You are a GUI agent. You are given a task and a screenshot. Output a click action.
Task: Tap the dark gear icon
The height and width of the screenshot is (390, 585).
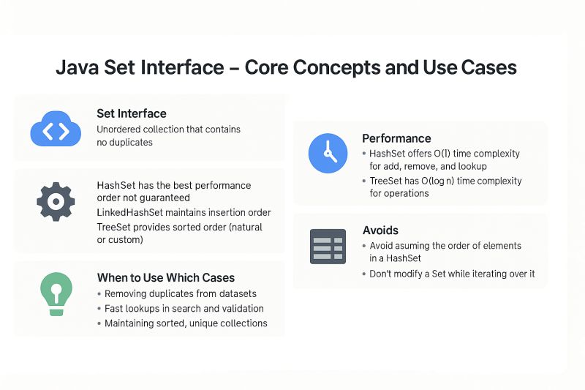click(x=56, y=203)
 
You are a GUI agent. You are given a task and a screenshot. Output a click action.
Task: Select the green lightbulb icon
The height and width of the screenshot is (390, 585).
click(x=56, y=293)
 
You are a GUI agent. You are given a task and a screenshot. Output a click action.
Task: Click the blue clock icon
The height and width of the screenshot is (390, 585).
click(x=328, y=152)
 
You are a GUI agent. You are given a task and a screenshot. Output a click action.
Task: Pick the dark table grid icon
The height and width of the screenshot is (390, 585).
click(x=328, y=246)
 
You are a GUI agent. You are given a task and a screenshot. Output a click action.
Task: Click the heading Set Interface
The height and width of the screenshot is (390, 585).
click(x=132, y=113)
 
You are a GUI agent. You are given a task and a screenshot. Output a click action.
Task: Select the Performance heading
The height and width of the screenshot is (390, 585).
click(x=396, y=138)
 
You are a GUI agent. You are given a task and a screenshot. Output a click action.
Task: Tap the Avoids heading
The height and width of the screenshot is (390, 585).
click(x=381, y=230)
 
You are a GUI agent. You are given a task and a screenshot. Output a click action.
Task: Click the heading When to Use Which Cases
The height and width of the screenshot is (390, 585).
click(x=166, y=277)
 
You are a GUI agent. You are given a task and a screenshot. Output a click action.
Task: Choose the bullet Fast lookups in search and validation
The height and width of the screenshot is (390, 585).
click(x=184, y=308)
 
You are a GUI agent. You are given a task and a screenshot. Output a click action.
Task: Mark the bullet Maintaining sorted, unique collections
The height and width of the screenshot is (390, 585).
click(x=186, y=323)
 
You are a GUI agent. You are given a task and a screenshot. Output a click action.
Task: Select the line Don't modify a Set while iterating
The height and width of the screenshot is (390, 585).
click(x=452, y=274)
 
